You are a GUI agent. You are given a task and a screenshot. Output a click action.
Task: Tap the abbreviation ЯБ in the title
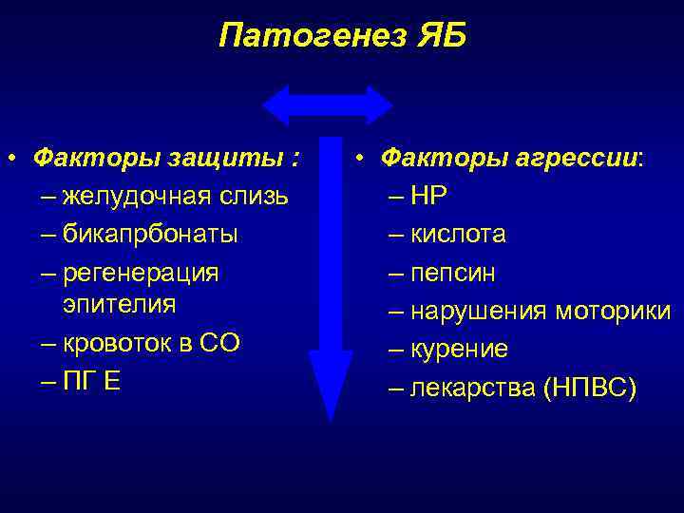440,36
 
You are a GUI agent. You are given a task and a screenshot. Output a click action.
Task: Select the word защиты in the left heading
238,157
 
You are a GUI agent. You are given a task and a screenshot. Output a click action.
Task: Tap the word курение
460,350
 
